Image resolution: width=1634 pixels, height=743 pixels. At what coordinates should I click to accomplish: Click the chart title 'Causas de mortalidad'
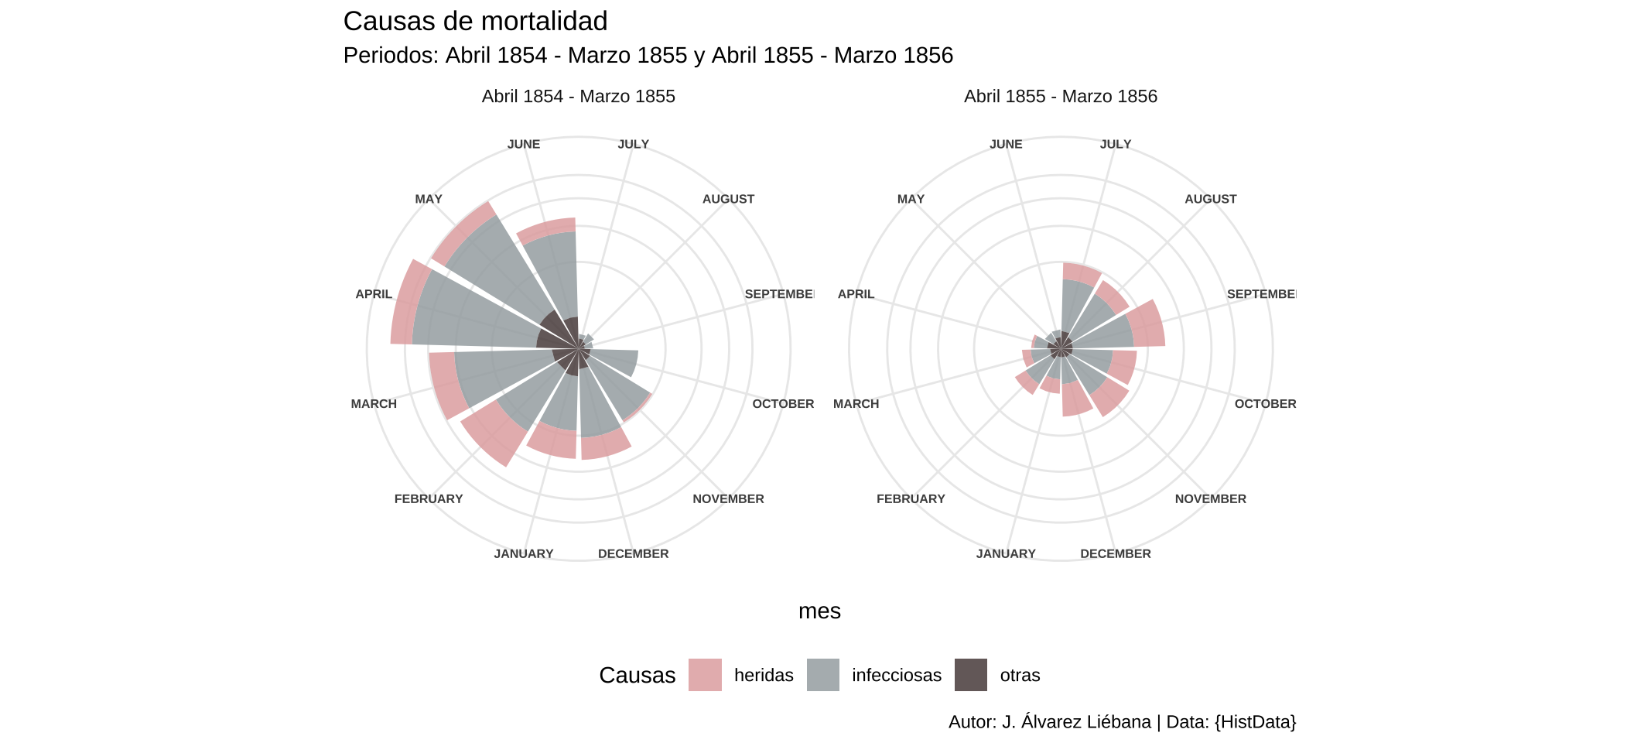click(x=475, y=22)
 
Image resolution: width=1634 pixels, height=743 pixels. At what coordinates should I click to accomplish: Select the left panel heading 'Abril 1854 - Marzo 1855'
click(x=578, y=97)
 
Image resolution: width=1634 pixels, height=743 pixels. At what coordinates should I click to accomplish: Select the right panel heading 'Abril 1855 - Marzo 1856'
click(x=1060, y=97)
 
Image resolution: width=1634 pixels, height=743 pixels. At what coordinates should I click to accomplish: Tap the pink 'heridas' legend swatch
click(x=705, y=675)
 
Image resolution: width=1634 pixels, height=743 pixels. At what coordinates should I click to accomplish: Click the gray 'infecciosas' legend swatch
click(x=823, y=675)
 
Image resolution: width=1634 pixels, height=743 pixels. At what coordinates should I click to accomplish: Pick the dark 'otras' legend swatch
click(x=971, y=675)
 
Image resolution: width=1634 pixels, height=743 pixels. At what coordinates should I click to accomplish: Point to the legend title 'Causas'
click(x=637, y=676)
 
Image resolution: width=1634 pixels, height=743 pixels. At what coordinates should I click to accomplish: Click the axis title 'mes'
click(x=819, y=611)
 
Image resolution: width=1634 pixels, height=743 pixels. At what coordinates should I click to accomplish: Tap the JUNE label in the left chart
click(x=524, y=145)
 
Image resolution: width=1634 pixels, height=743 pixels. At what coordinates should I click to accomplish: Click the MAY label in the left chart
click(x=429, y=200)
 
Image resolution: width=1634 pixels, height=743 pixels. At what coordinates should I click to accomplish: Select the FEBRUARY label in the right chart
click(x=911, y=499)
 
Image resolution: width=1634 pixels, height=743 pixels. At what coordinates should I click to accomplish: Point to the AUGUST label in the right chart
click(x=1210, y=200)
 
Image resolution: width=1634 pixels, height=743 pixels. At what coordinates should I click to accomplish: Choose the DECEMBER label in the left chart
click(x=633, y=554)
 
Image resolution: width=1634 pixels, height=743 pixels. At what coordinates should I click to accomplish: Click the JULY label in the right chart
click(x=1115, y=145)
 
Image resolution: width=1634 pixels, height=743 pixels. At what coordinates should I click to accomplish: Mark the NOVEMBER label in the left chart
click(x=728, y=499)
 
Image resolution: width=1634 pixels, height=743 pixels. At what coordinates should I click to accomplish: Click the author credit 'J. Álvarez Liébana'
click(x=1076, y=722)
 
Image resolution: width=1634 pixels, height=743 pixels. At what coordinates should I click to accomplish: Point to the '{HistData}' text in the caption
click(x=1255, y=722)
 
